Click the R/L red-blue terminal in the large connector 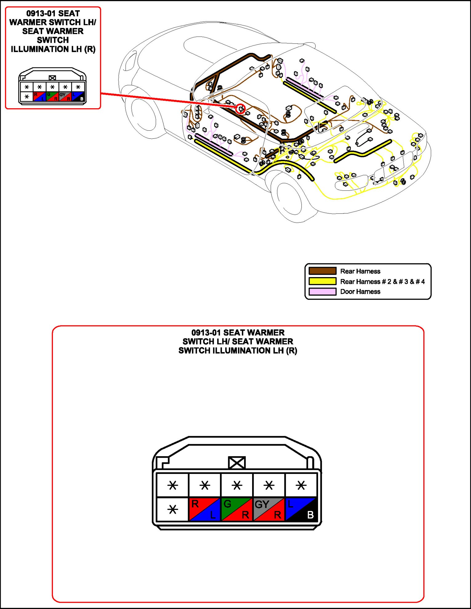click(x=204, y=509)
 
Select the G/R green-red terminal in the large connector click(x=237, y=509)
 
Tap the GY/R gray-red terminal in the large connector click(x=269, y=509)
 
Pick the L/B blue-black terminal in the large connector click(x=301, y=509)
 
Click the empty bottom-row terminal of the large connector click(x=172, y=509)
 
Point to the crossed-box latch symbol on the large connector click(x=237, y=463)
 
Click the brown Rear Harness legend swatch click(x=322, y=271)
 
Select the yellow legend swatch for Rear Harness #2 click(x=322, y=281)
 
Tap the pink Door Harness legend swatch click(x=322, y=291)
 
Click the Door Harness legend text click(x=360, y=292)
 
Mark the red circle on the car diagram click(x=240, y=109)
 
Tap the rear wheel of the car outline click(x=289, y=197)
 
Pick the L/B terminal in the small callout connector click(x=78, y=97)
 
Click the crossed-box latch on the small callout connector click(x=52, y=78)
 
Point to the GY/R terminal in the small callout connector click(x=65, y=97)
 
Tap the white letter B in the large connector click(x=310, y=515)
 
